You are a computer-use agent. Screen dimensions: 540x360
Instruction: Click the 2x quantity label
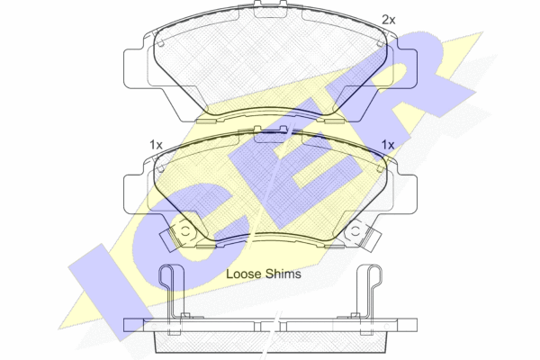389,20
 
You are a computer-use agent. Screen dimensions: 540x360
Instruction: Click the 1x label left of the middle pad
156,145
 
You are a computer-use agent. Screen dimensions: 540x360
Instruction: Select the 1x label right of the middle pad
388,145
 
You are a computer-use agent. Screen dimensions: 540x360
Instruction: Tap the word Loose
244,274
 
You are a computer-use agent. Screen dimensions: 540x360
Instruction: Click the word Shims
283,274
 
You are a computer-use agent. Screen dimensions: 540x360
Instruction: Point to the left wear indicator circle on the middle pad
184,231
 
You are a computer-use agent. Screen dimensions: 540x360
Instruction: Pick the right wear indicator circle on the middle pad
355,231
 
